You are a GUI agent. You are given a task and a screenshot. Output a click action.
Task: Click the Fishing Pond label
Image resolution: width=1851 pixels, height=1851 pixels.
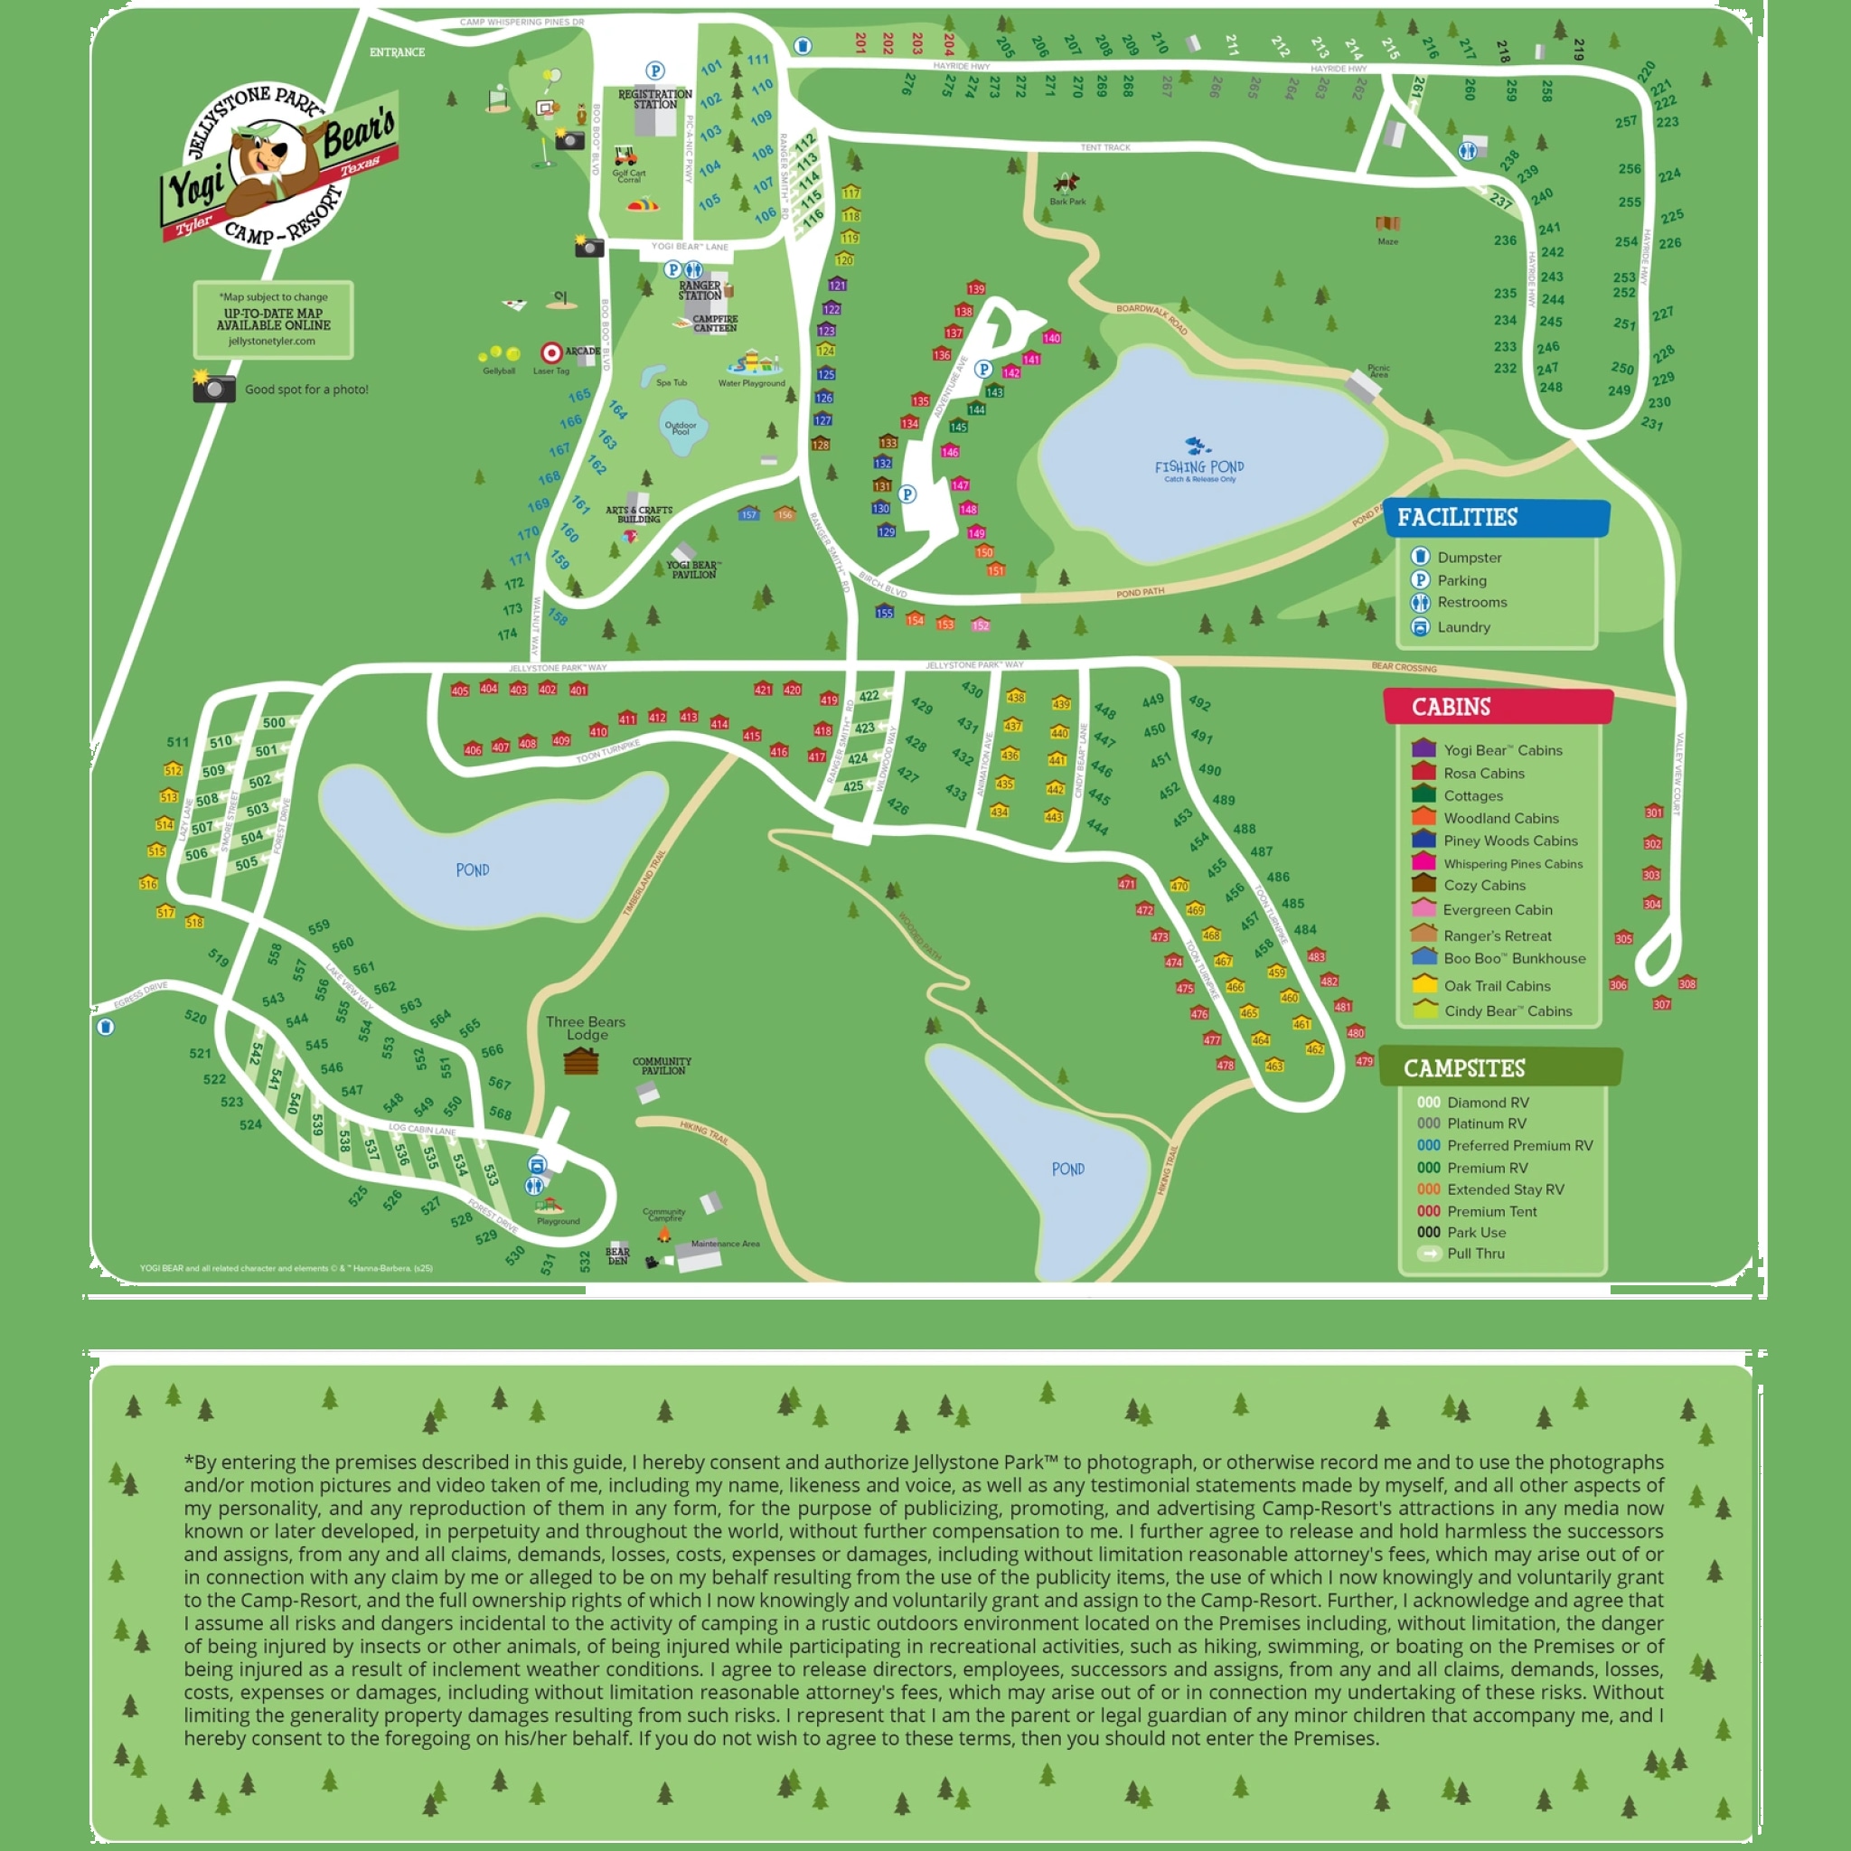click(1198, 468)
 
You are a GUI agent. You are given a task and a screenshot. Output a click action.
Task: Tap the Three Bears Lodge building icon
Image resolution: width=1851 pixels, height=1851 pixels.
click(580, 1062)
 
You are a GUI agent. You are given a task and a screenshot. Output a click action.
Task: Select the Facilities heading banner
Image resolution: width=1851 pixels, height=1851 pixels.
click(1495, 517)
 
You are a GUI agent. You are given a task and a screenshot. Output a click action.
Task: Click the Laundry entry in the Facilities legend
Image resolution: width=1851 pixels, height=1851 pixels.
click(1463, 627)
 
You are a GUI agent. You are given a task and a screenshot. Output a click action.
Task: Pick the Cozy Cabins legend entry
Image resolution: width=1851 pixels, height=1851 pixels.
click(1484, 885)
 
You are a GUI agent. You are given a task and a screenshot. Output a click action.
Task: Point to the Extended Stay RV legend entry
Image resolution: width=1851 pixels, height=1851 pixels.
click(1505, 1189)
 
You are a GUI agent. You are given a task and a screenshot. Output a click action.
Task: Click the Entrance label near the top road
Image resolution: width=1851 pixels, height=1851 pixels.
click(397, 52)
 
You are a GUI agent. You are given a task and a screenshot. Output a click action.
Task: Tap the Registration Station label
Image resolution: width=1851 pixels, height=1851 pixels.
click(654, 99)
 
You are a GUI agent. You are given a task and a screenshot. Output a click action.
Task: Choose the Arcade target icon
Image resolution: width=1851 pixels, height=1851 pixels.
click(551, 353)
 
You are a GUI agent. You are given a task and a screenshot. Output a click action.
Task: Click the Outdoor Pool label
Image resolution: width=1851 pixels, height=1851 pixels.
click(681, 428)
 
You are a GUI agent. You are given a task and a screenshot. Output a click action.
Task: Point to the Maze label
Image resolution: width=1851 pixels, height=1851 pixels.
click(1387, 241)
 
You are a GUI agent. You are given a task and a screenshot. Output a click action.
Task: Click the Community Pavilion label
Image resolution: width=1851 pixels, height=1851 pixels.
click(661, 1066)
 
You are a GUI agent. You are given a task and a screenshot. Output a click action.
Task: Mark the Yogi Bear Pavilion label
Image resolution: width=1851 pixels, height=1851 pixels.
click(693, 569)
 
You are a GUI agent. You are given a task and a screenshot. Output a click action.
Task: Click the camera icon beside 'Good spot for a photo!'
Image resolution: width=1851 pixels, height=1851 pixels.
click(213, 387)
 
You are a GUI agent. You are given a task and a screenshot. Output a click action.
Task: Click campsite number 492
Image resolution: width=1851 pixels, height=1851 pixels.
click(1199, 702)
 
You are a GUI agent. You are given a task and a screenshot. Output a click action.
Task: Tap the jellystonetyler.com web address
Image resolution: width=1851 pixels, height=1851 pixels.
click(272, 341)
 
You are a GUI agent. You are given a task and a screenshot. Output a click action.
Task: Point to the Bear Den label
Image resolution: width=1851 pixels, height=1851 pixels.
click(617, 1255)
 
